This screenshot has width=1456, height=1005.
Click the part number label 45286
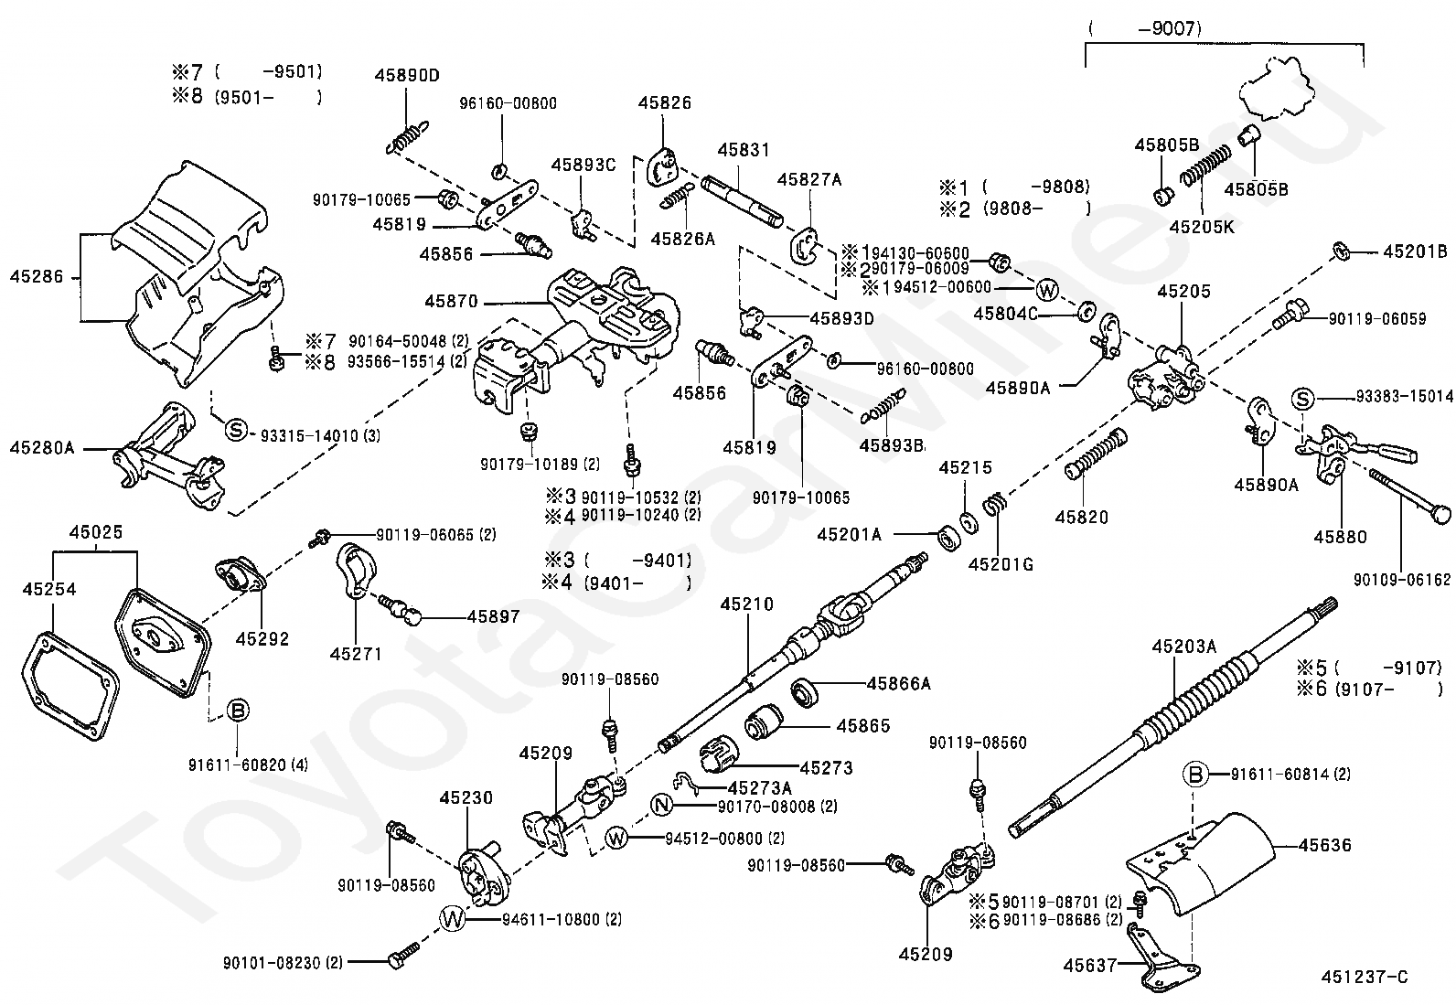point(37,277)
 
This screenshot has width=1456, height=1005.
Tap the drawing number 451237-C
point(1365,977)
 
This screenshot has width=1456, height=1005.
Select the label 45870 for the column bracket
point(451,302)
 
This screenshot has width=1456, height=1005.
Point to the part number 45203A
point(1184,647)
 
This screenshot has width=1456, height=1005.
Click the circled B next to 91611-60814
point(1196,775)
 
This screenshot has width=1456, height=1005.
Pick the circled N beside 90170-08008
point(661,806)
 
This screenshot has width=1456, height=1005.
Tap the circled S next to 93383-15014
point(1302,399)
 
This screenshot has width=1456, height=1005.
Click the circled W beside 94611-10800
point(453,920)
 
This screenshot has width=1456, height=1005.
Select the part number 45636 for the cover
point(1324,846)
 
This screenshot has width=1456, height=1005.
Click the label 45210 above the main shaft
point(747,604)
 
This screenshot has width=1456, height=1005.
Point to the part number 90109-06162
point(1402,580)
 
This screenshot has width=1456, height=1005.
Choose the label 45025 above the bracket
point(95,532)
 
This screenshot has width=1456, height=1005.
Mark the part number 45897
point(493,616)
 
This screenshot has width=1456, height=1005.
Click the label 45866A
point(899,684)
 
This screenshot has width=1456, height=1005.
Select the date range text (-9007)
point(1144,28)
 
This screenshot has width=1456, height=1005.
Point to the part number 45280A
point(42,448)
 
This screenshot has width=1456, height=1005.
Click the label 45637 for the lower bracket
point(1090,966)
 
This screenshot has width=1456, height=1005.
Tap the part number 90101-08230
point(283,963)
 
